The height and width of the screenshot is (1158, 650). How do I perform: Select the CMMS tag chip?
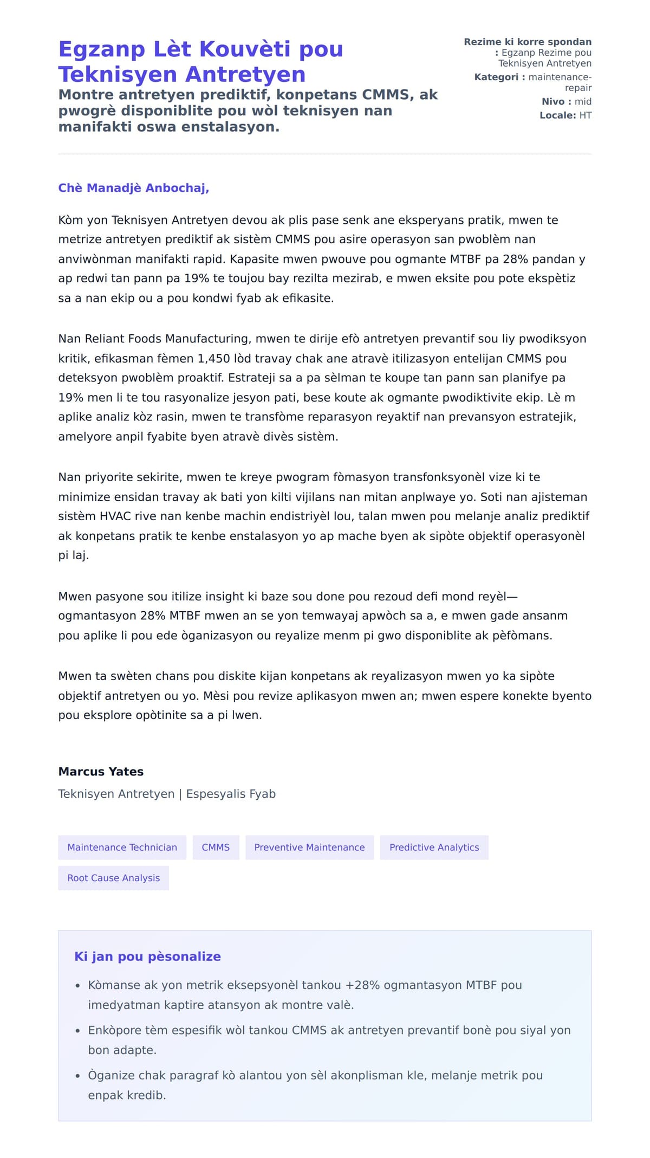216,848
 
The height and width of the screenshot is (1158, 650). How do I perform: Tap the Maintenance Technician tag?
122,848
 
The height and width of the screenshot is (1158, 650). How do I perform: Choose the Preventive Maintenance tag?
309,848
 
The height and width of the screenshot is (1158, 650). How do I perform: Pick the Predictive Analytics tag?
434,848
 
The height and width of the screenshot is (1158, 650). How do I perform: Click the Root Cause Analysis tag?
113,878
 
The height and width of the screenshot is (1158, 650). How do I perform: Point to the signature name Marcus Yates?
101,772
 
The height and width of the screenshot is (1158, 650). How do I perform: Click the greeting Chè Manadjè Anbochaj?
133,188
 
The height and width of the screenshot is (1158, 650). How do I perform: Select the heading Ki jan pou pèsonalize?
147,956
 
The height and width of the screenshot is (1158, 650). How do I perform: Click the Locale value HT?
585,115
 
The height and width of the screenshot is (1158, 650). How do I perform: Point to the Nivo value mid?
583,102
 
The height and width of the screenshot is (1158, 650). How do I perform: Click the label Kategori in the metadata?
496,77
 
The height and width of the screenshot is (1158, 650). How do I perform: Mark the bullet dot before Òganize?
78,1076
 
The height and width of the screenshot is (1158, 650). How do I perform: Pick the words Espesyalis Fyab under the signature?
231,794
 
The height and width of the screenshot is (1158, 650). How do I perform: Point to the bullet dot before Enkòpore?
78,1031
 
